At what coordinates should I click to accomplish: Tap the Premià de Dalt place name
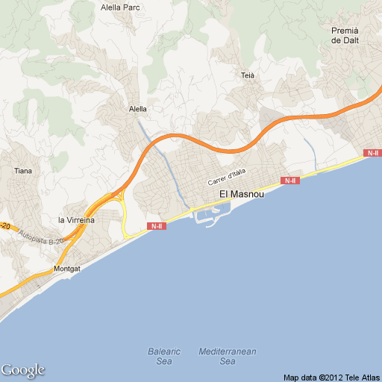(345, 35)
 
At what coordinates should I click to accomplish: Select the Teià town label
(248, 75)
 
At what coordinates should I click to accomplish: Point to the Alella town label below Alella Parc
(138, 108)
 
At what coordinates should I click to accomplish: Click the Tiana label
(23, 171)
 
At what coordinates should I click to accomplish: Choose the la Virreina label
(76, 220)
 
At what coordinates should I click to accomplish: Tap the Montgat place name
(66, 268)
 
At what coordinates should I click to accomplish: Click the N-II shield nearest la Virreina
(157, 226)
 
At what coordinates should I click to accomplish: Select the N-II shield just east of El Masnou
(290, 181)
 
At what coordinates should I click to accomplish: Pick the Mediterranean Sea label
(228, 356)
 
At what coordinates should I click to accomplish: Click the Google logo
(22, 370)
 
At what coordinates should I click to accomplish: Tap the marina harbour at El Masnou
(207, 217)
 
